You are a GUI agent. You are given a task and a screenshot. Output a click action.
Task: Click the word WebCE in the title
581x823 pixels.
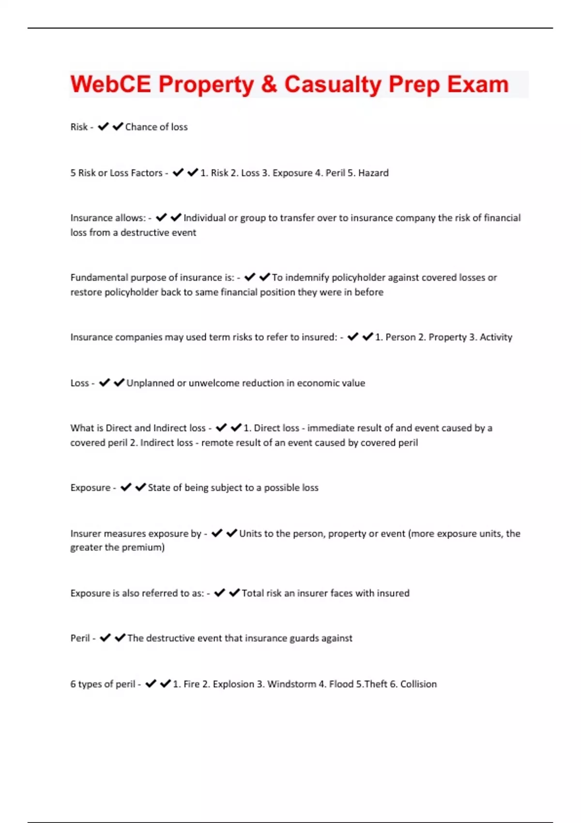point(111,84)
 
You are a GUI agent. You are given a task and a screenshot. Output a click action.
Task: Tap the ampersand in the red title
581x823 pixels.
point(269,84)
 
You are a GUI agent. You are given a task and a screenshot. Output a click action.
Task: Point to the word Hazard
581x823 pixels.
point(373,173)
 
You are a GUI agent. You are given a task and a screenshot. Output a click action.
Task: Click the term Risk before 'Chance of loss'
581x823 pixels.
point(79,127)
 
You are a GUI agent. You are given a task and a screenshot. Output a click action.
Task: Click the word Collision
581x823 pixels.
point(418,684)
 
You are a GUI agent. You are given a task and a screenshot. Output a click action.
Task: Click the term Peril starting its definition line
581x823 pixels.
point(80,638)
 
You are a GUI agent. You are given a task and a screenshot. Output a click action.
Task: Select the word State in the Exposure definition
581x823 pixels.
point(159,488)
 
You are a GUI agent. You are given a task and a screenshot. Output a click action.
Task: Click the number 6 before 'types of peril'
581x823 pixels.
point(73,684)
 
